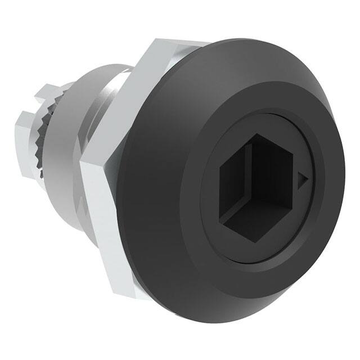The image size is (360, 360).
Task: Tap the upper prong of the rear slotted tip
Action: (x=51, y=90)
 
